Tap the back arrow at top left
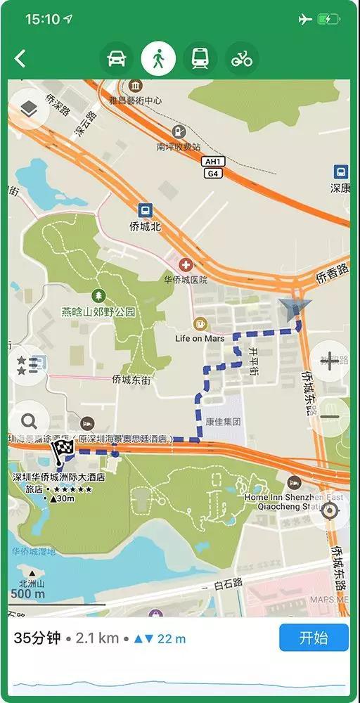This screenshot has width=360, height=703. (20, 59)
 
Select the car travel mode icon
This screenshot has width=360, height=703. (116, 59)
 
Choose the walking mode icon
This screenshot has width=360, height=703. (158, 59)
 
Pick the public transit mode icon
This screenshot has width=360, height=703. (200, 59)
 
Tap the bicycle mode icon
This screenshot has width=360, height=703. (242, 59)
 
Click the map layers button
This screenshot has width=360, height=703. (28, 108)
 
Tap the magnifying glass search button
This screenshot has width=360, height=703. (29, 421)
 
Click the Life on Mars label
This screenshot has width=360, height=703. (199, 338)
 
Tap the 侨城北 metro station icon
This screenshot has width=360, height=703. (145, 210)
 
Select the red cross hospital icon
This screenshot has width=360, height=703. (186, 265)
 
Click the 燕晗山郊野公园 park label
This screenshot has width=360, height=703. (98, 311)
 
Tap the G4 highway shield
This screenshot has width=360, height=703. (212, 173)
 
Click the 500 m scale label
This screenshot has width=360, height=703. (28, 594)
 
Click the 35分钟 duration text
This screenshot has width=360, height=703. (37, 638)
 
